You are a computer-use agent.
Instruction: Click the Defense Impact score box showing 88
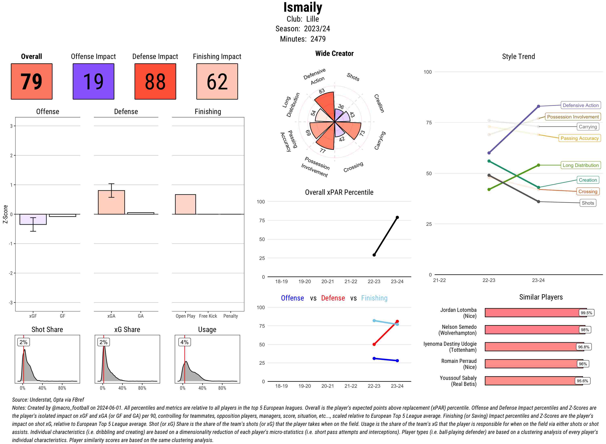click(x=155, y=82)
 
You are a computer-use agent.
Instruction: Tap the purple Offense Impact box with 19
click(x=93, y=82)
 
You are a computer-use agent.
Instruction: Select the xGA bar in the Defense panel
click(x=111, y=202)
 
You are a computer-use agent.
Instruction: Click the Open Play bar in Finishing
click(x=185, y=204)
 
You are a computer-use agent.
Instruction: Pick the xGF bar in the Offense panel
click(x=33, y=219)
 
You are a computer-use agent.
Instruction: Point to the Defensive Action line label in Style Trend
click(x=581, y=105)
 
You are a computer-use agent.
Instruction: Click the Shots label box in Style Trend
click(x=588, y=203)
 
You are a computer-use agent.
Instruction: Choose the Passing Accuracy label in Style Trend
click(x=579, y=138)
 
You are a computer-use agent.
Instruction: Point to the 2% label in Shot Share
click(x=23, y=342)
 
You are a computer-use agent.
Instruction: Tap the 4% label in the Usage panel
click(x=184, y=342)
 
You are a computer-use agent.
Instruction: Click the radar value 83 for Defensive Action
click(x=322, y=91)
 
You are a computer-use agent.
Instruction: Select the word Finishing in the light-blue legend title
click(x=374, y=298)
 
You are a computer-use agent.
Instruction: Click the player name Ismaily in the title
click(x=303, y=7)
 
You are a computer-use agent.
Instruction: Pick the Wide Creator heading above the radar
click(x=334, y=53)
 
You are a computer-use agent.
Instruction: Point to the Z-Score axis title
click(x=5, y=214)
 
